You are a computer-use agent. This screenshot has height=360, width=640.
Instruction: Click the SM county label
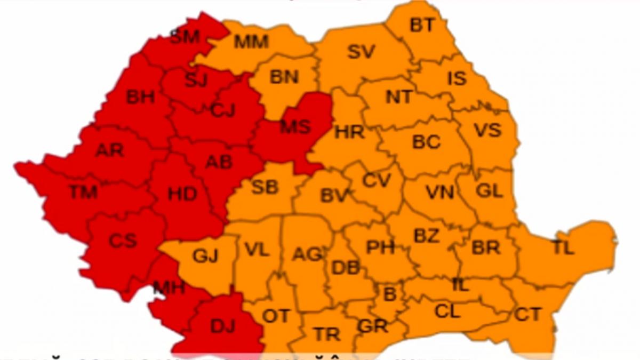pyautogui.click(x=185, y=37)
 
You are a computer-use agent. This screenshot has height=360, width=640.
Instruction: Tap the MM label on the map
pyautogui.click(x=251, y=42)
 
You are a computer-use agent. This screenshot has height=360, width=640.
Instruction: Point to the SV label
pyautogui.click(x=361, y=52)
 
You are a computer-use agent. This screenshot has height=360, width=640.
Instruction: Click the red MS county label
pyautogui.click(x=295, y=127)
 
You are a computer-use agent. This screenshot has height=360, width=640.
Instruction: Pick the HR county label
pyautogui.click(x=349, y=132)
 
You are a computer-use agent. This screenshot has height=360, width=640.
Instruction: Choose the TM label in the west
pyautogui.click(x=83, y=191)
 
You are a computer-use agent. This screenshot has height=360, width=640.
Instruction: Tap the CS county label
pyautogui.click(x=123, y=241)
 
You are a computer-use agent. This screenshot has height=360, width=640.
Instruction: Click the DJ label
pyautogui.click(x=222, y=326)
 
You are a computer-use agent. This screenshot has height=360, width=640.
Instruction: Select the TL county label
pyautogui.click(x=563, y=248)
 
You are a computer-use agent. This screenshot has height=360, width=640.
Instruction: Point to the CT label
pyautogui.click(x=528, y=314)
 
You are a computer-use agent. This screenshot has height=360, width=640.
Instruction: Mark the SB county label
pyautogui.click(x=265, y=187)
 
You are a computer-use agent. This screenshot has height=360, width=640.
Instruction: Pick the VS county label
pyautogui.click(x=487, y=130)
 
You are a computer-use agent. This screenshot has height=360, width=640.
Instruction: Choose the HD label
pyautogui.click(x=182, y=194)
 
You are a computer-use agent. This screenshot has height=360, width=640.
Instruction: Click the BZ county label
pyautogui.click(x=427, y=236)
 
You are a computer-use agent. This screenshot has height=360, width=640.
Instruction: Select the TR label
pyautogui.click(x=327, y=334)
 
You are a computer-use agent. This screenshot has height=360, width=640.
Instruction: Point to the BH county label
pyautogui.click(x=140, y=97)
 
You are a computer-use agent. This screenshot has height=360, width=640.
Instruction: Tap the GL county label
pyautogui.click(x=489, y=190)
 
